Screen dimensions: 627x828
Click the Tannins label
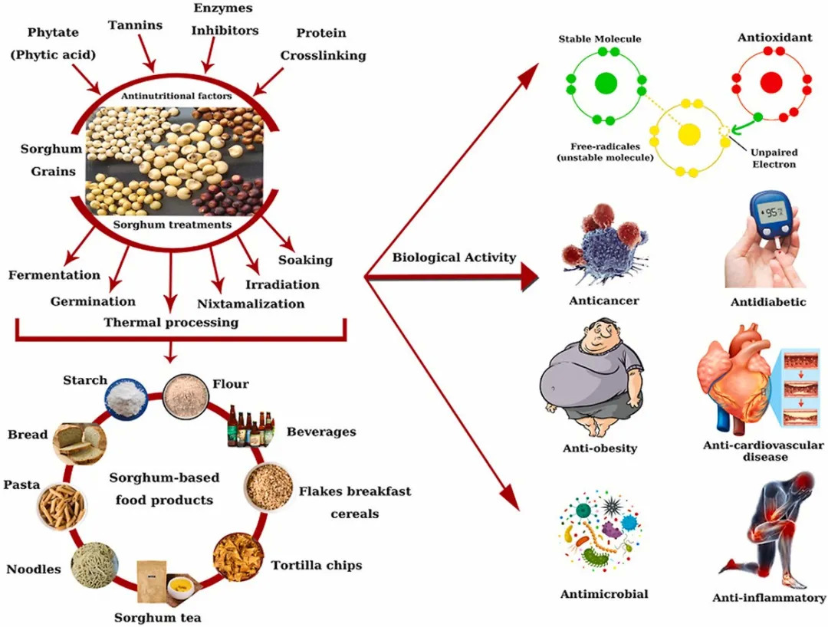pos(135,25)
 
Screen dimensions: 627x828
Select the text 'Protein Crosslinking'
pos(322,44)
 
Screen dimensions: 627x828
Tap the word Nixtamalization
pos(251,304)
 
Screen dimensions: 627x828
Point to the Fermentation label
pos(54,274)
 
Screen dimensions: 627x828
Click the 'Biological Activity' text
pos(454,258)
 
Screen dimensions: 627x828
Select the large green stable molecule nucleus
pos(605,83)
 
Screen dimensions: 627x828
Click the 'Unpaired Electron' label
pos(773,158)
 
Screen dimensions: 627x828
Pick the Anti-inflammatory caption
pos(769,598)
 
